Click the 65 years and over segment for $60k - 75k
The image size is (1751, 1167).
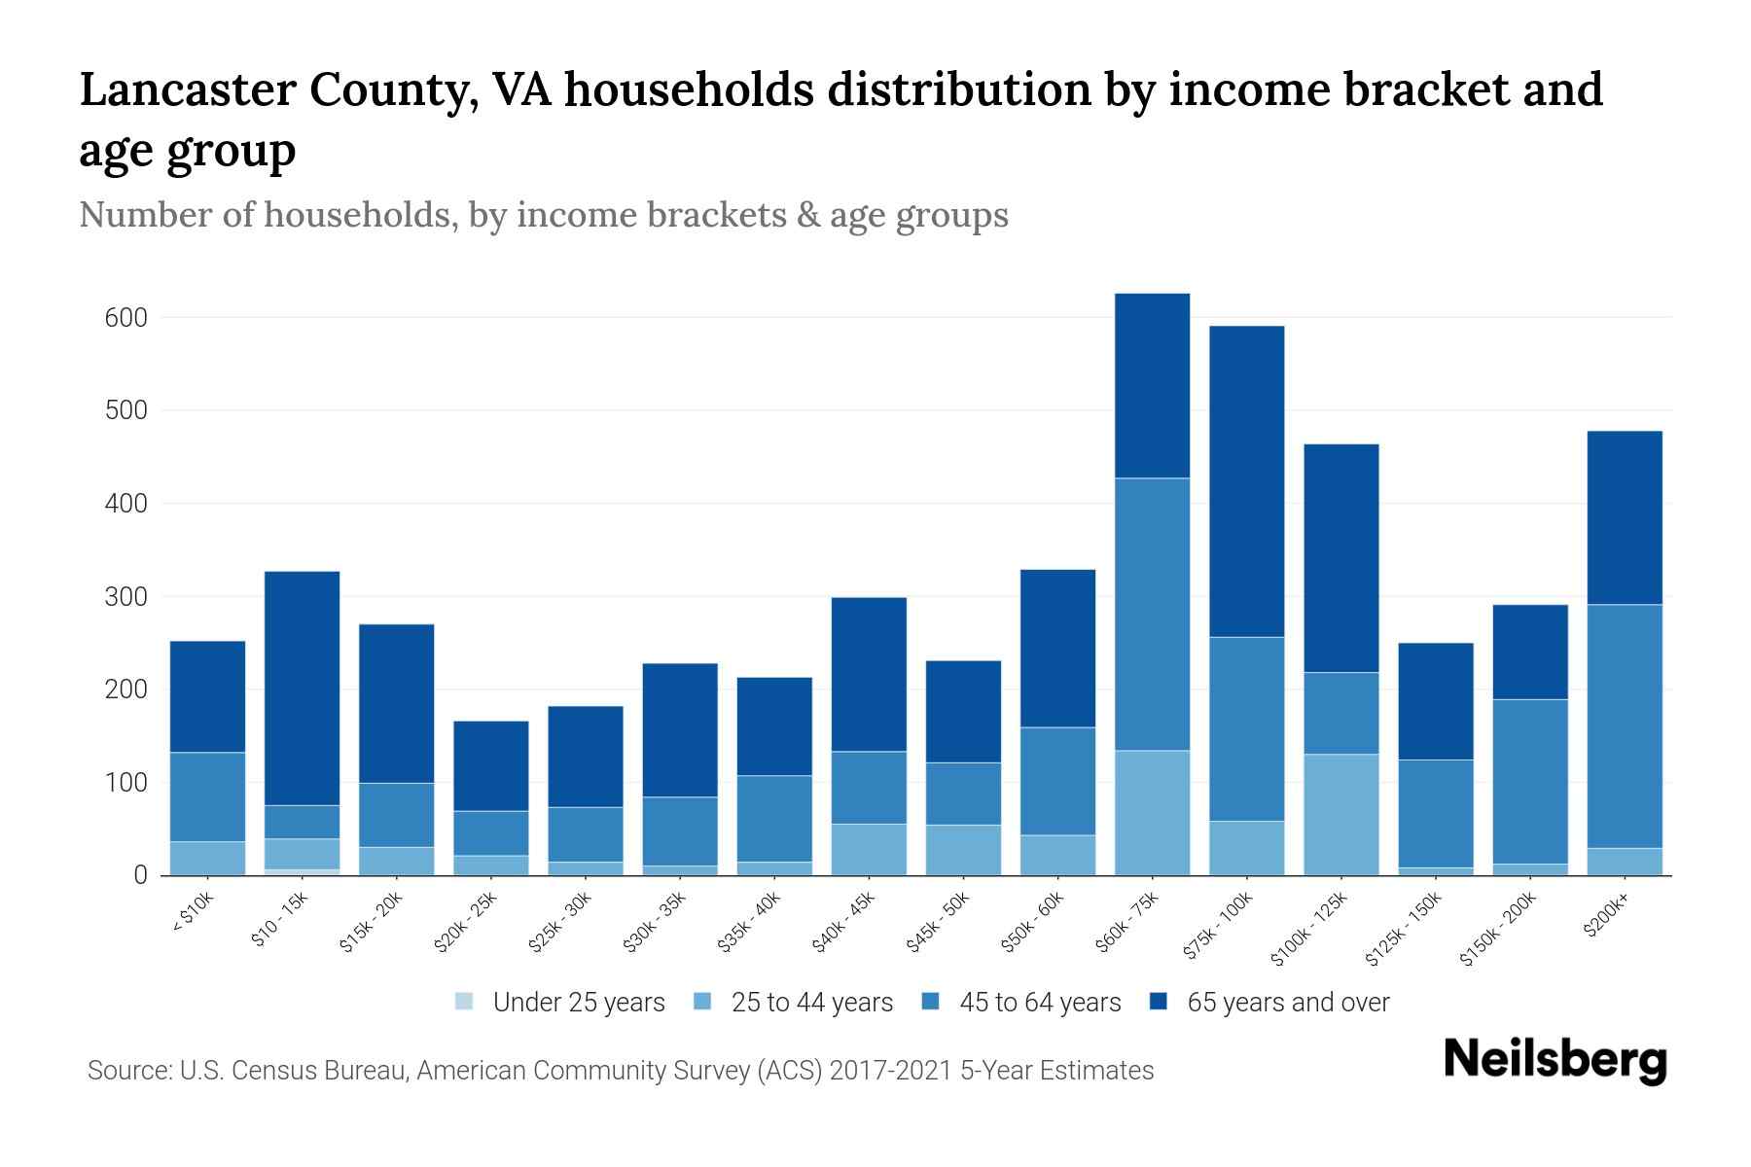[1152, 385]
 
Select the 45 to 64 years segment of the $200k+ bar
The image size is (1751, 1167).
[1625, 725]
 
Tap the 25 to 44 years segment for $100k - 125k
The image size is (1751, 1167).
[1340, 814]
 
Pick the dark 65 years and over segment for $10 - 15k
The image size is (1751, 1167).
[302, 688]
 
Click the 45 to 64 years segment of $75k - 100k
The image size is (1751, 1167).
[1246, 728]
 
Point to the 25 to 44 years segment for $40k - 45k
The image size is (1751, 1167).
[869, 849]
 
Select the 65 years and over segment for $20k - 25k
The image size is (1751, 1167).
[491, 765]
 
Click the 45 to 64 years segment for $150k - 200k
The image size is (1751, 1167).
[1530, 781]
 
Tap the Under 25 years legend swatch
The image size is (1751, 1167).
[465, 1002]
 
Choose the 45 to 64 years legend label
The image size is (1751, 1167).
[1040, 1003]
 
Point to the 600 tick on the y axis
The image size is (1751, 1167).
[125, 318]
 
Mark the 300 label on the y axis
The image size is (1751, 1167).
[125, 597]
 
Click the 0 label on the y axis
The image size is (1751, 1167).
[140, 875]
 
